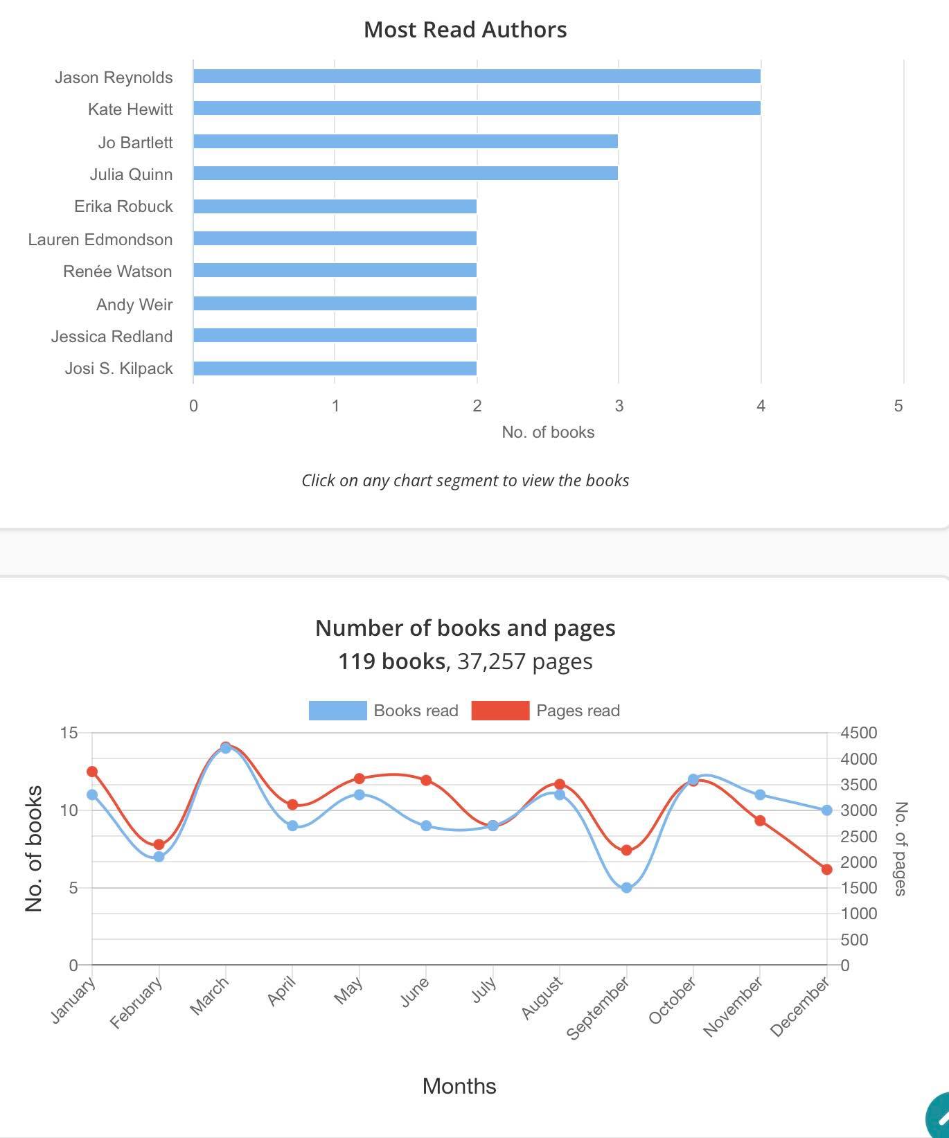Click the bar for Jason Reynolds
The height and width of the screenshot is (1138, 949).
coord(477,76)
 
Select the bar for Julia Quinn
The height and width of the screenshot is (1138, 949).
coord(405,173)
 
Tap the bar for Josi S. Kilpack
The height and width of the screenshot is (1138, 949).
coord(335,368)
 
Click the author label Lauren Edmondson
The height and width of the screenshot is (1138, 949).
coord(100,240)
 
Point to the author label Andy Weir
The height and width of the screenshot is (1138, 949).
coord(134,305)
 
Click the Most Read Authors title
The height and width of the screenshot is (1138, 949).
coord(465,30)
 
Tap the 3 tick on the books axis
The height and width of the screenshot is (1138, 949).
coord(619,406)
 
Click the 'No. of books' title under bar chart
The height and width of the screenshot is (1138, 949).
coord(548,432)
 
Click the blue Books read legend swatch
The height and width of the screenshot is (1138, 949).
coord(337,711)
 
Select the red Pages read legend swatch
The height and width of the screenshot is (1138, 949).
coord(500,711)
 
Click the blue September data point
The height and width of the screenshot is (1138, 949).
coord(626,887)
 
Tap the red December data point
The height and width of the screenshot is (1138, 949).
coord(826,869)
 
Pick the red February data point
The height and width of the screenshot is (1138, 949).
coord(159,844)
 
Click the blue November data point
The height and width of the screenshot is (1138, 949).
coord(760,794)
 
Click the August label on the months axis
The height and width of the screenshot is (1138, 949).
coord(542,997)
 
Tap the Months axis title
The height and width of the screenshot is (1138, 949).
coord(459,1086)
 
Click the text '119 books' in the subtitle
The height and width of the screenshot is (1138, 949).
coord(391,661)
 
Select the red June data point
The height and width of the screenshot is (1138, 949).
coord(426,781)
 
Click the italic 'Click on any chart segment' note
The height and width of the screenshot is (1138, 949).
coord(465,481)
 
